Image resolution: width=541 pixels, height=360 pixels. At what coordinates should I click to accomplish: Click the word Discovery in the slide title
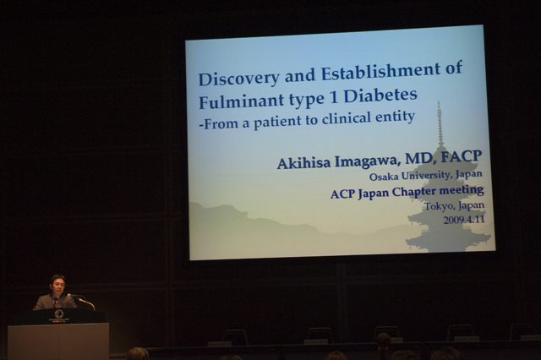[238, 78]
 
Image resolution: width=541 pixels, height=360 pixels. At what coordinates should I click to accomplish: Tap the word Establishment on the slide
[380, 71]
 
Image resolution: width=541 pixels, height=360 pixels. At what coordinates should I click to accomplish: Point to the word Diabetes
[380, 95]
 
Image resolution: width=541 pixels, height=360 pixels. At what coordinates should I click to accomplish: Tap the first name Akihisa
[304, 163]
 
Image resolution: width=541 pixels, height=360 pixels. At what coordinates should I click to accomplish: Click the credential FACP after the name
[462, 156]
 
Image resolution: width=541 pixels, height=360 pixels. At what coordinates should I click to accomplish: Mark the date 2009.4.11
[464, 220]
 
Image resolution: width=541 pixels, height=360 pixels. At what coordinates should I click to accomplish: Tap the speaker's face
[57, 286]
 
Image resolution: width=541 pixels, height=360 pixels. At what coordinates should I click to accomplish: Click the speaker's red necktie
[56, 303]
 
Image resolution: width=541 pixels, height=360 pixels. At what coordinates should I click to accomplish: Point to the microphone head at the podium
[69, 296]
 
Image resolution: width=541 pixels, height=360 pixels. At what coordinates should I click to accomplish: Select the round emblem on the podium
[58, 314]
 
